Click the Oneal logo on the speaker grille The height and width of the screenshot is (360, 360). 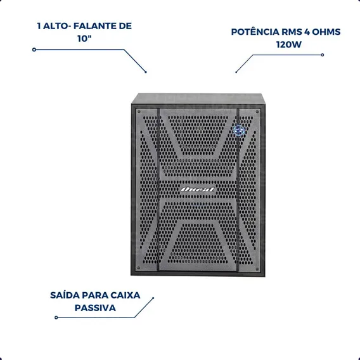[x=198, y=190]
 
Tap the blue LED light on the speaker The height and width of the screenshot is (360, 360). [x=239, y=131]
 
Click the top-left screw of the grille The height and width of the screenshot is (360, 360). [x=139, y=112]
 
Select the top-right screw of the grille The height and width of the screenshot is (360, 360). [x=257, y=112]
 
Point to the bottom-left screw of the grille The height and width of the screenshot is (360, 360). [x=138, y=267]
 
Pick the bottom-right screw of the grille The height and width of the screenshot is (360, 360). [x=257, y=269]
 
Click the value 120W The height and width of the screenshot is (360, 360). [x=289, y=44]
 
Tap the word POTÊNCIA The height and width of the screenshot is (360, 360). [x=255, y=32]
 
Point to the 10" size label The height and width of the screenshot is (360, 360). [x=84, y=39]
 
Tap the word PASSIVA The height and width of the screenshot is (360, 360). [x=95, y=308]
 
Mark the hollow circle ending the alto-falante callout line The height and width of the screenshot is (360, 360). [x=34, y=49]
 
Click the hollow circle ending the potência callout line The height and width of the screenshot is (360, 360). [x=323, y=55]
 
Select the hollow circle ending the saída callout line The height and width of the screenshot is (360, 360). [x=56, y=318]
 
